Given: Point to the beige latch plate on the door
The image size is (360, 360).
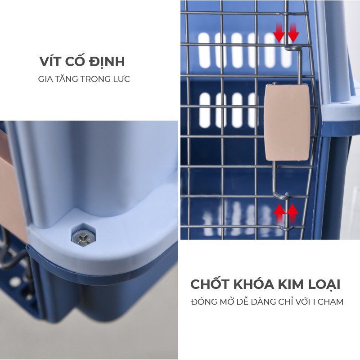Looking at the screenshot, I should (x=288, y=122).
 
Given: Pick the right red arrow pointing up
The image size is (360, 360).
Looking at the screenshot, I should (x=292, y=212).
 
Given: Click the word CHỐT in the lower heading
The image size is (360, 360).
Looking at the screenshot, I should (x=210, y=284).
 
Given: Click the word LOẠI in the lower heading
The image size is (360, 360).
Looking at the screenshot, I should (x=324, y=284).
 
